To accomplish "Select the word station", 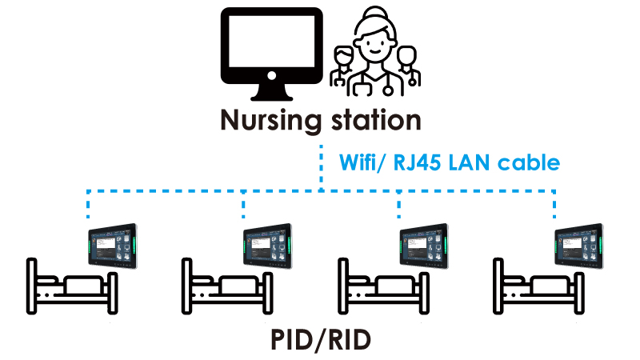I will point(374,121).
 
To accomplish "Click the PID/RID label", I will point(320,341).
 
